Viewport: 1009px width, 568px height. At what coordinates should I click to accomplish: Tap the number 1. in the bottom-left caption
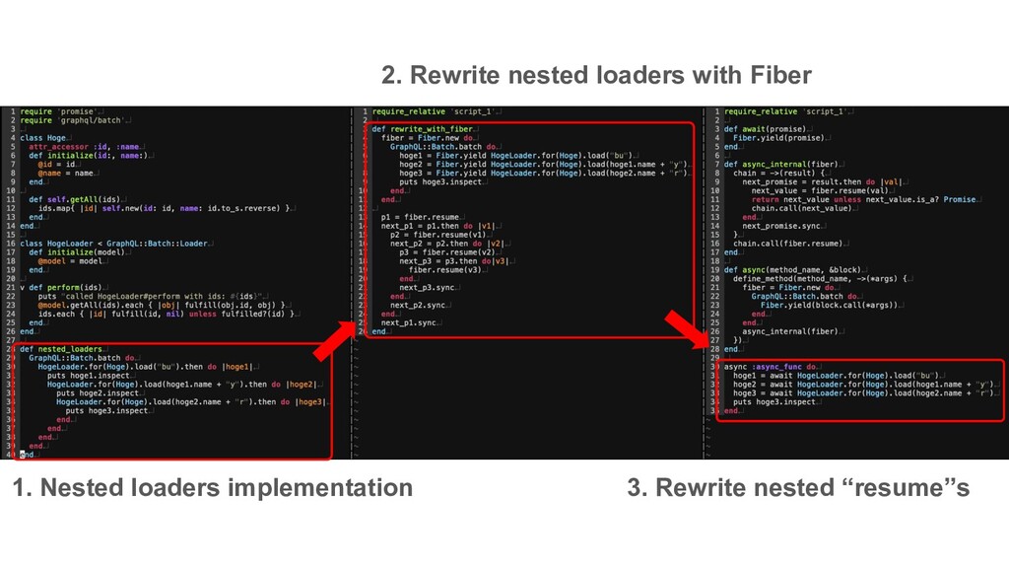click(x=22, y=488)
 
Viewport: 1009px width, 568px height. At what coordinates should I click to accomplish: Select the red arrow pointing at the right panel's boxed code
click(x=688, y=330)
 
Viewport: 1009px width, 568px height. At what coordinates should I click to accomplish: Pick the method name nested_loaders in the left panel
click(x=73, y=349)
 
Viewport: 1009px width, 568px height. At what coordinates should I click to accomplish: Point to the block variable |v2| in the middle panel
click(x=498, y=244)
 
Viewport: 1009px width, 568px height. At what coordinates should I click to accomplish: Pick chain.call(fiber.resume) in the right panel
click(x=786, y=244)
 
